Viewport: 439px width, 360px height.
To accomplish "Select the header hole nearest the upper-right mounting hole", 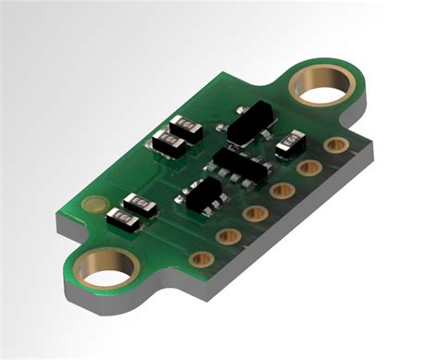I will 337,146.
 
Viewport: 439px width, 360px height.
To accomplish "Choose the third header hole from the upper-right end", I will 282,191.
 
